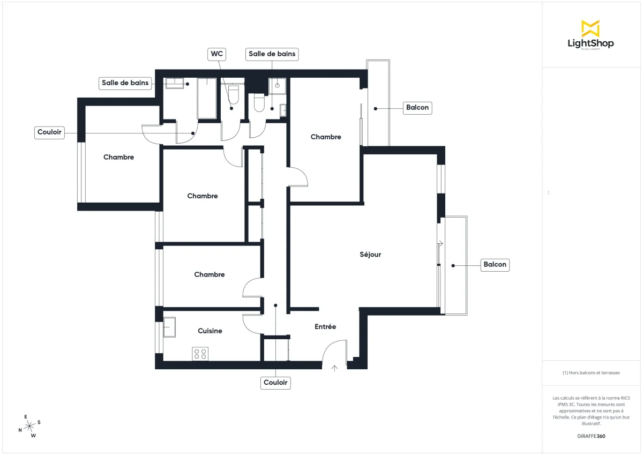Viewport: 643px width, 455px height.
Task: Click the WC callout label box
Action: pyautogui.click(x=216, y=54)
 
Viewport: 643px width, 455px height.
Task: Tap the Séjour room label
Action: pyautogui.click(x=370, y=255)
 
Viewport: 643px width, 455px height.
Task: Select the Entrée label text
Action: pyautogui.click(x=325, y=326)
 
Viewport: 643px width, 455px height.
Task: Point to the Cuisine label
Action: pyautogui.click(x=210, y=331)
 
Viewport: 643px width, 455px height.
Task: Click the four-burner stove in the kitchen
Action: pyautogui.click(x=200, y=354)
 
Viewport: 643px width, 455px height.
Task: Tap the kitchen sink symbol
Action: pyautogui.click(x=169, y=327)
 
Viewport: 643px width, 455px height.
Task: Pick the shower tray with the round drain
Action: pyautogui.click(x=277, y=86)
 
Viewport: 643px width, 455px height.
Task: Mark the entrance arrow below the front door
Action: pyautogui.click(x=335, y=368)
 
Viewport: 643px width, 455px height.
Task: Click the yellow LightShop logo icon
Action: pyautogui.click(x=590, y=28)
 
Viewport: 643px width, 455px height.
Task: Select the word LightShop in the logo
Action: pyautogui.click(x=590, y=43)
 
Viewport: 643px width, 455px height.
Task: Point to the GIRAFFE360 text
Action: pyautogui.click(x=592, y=436)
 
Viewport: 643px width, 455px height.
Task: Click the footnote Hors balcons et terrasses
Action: pyautogui.click(x=591, y=372)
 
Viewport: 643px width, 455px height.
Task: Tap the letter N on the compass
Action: pyautogui.click(x=20, y=430)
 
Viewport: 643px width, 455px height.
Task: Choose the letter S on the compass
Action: pyautogui.click(x=39, y=422)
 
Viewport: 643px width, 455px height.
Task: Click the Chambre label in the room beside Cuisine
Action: pyautogui.click(x=209, y=274)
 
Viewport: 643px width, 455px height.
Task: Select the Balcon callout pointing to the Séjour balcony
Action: pyautogui.click(x=495, y=265)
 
